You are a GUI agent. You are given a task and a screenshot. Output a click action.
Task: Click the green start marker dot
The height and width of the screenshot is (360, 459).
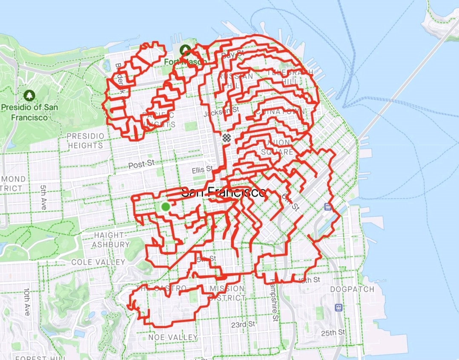[165, 207]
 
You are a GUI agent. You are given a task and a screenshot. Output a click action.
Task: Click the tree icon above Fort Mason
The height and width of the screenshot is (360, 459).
[185, 50]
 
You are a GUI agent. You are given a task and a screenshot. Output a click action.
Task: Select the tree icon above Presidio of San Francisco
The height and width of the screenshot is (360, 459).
[29, 95]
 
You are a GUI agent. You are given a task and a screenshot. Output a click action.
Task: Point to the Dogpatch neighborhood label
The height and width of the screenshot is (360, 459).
[352, 289]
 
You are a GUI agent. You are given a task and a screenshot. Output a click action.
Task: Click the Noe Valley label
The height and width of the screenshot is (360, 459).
[173, 337]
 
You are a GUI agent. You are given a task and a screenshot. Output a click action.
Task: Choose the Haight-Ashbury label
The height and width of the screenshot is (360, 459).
[111, 240]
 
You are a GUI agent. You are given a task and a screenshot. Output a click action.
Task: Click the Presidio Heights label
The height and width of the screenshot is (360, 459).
[85, 141]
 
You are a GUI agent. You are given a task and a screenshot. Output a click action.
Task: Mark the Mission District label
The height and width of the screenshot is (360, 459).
[227, 293]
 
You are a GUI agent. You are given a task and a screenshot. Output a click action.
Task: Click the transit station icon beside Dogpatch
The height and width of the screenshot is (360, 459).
[339, 308]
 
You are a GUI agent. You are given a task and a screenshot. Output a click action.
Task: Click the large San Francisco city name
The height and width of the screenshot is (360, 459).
[224, 193]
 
